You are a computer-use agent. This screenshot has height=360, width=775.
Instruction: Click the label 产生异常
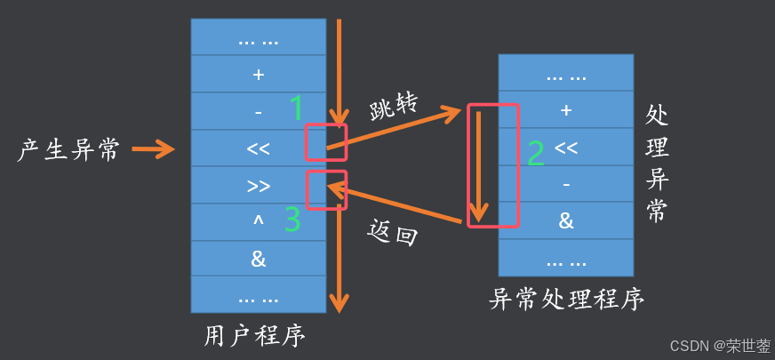(x=68, y=149)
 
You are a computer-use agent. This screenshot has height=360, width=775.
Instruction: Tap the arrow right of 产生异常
(x=153, y=149)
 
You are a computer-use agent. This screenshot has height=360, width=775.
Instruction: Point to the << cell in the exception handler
(x=566, y=148)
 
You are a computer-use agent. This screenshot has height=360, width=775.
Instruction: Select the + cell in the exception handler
(x=566, y=111)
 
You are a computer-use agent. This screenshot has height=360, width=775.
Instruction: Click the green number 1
(x=297, y=108)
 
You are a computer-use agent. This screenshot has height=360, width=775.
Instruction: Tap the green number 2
(x=535, y=153)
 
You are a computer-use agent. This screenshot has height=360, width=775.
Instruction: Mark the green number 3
(x=292, y=220)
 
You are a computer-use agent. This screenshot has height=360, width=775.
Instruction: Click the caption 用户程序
(x=255, y=335)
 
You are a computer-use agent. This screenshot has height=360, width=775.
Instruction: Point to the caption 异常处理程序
(x=566, y=299)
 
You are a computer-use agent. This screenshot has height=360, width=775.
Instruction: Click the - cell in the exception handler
(x=566, y=184)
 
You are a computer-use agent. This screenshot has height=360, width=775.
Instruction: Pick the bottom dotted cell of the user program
(x=258, y=295)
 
